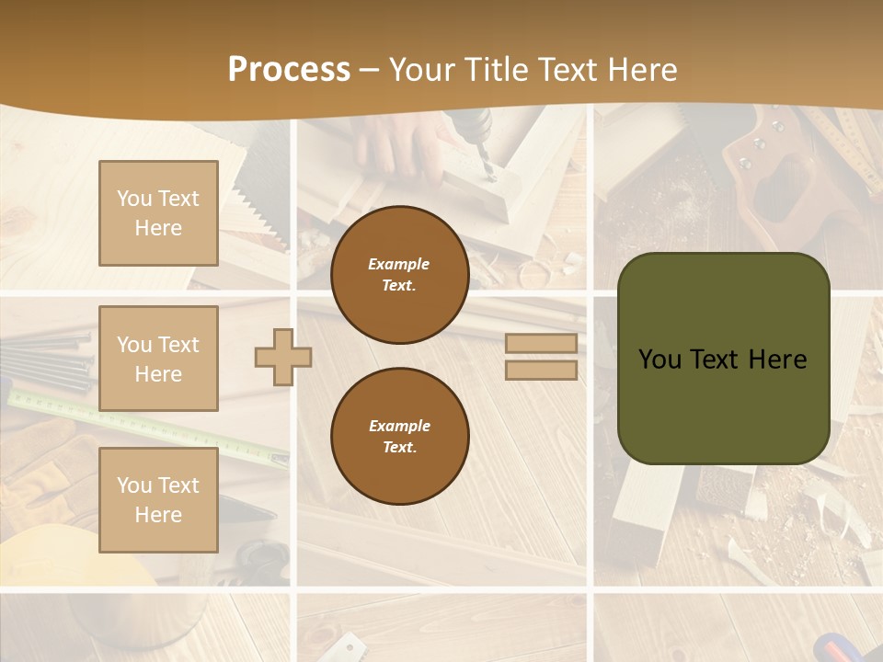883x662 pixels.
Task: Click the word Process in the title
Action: pyautogui.click(x=289, y=70)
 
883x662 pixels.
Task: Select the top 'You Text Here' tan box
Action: pyautogui.click(x=158, y=213)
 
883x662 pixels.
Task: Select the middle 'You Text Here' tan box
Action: pyautogui.click(x=158, y=359)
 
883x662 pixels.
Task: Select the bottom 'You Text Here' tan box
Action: pyautogui.click(x=158, y=499)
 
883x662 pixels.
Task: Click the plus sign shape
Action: pyautogui.click(x=283, y=357)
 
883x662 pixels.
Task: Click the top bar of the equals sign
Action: pyautogui.click(x=541, y=343)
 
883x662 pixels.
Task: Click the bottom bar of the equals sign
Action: pyautogui.click(x=541, y=370)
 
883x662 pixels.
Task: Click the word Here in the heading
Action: pyautogui.click(x=641, y=70)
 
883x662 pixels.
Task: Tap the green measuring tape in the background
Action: pyautogui.click(x=138, y=423)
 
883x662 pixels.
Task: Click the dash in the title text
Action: pyautogui.click(x=370, y=70)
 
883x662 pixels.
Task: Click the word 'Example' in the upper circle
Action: pyautogui.click(x=398, y=264)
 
